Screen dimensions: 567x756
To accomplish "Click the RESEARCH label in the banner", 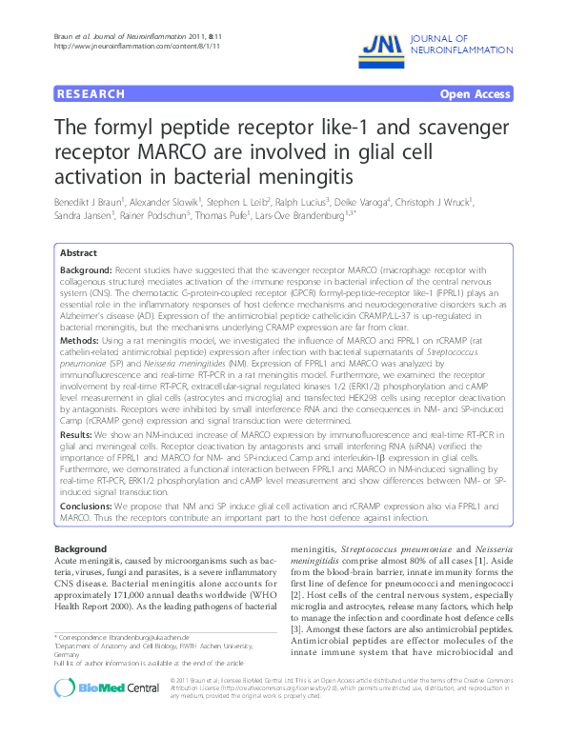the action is tap(91, 94).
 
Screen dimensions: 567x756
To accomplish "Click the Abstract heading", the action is tap(78, 253).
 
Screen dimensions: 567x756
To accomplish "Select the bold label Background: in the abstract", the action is tap(87, 271).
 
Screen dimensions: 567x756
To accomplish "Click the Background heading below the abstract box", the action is tap(80, 549).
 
